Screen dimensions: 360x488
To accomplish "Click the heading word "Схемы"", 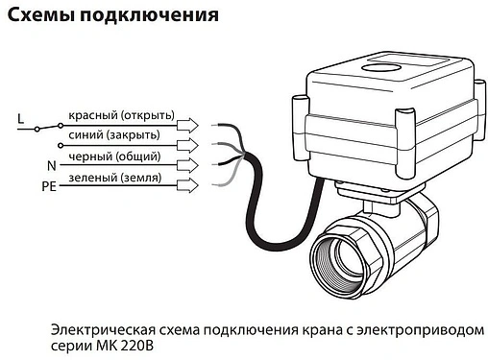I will pos(38,15).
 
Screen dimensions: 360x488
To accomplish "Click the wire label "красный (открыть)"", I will pos(121,116).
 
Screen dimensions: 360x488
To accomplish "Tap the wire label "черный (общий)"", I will pos(114,156).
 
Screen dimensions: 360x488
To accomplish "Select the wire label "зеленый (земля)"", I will pos(114,178).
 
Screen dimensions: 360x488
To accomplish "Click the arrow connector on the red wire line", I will pos(190,124).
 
